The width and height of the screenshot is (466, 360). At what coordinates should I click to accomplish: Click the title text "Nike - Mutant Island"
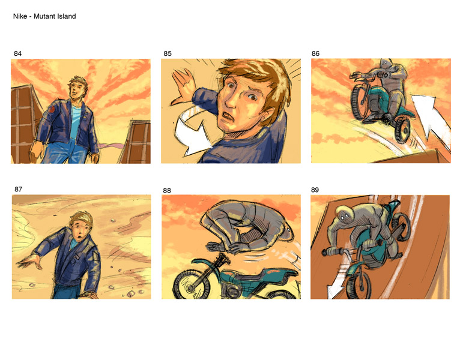click(x=44, y=16)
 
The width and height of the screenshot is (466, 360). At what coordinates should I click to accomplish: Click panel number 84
click(x=17, y=53)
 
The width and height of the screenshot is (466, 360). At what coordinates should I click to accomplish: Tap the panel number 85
click(x=168, y=53)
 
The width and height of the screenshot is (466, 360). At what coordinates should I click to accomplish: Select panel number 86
click(x=316, y=53)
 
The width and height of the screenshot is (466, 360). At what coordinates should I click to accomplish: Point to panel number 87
click(x=19, y=189)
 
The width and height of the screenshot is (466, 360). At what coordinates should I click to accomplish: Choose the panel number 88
click(x=167, y=190)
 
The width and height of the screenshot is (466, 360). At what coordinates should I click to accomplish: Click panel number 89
click(x=315, y=190)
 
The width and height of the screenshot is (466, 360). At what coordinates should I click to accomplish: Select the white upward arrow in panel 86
click(x=431, y=119)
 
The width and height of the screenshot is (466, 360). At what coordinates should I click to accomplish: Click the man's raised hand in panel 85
click(x=183, y=87)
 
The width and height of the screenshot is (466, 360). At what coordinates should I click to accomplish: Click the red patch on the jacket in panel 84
click(x=52, y=109)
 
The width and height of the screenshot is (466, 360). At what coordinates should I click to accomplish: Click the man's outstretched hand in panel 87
click(x=29, y=262)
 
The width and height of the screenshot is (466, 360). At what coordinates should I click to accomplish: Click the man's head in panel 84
click(x=78, y=87)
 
